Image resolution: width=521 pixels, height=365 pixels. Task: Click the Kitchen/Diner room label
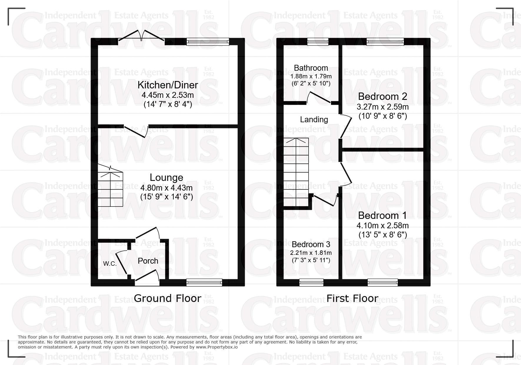168,85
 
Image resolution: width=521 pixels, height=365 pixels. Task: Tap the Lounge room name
167,177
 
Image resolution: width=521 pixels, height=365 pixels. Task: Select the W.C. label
110,264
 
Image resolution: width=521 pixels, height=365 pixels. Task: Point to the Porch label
148,261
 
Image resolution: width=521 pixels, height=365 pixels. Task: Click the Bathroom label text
311,68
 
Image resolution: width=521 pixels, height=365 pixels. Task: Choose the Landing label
314,120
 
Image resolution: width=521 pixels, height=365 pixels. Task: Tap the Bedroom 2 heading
382,96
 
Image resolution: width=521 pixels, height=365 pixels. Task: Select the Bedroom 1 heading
382,215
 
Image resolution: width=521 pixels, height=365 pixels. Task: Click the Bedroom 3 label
311,245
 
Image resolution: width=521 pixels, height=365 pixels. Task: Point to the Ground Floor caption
167,298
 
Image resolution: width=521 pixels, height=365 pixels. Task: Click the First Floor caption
352,298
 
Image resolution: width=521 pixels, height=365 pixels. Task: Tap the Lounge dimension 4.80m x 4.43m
167,188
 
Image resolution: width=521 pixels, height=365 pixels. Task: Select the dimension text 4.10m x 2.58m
382,226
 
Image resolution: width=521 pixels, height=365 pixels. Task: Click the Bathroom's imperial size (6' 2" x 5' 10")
311,83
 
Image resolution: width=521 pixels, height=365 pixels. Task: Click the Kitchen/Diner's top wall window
208,42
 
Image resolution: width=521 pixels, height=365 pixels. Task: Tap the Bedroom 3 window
311,283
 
